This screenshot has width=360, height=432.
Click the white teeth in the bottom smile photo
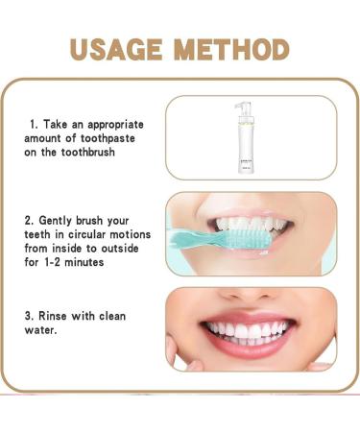(252, 331)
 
